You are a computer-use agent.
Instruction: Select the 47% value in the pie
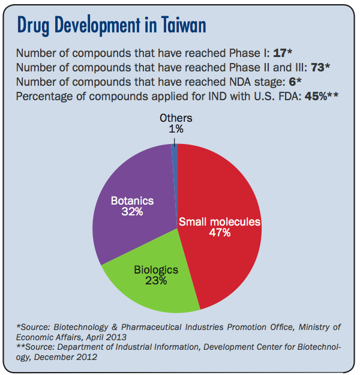[219, 232]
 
